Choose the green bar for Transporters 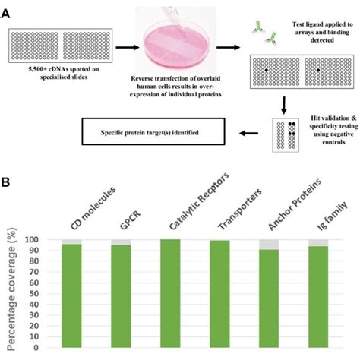(x=219, y=296)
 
